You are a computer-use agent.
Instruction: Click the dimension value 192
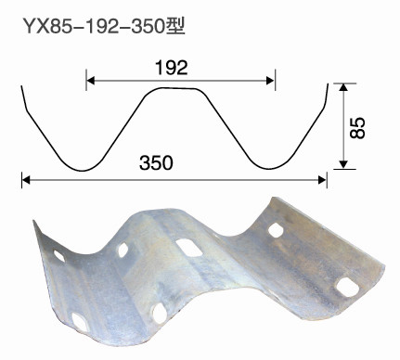coord(172,68)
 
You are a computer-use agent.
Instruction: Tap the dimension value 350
coord(156,163)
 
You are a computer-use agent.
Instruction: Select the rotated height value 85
coord(357,127)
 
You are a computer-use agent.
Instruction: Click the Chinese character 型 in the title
coord(175,26)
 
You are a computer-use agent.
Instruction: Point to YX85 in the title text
coord(49,27)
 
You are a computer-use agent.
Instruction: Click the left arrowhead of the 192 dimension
coord(90,81)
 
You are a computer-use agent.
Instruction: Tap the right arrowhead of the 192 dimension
coord(270,81)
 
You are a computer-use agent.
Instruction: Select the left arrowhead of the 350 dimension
coord(26,180)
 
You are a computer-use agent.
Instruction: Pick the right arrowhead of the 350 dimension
coord(322,180)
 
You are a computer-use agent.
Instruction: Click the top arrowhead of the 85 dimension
coord(342,87)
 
